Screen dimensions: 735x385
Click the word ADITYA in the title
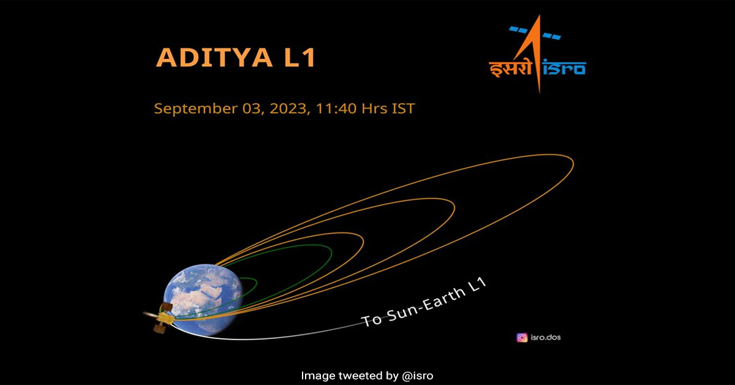(x=214, y=58)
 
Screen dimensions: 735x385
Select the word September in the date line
(x=196, y=109)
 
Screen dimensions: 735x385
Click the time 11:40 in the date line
(x=336, y=109)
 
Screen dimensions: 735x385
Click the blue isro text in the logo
(x=563, y=67)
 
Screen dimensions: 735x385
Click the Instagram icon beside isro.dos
(x=522, y=338)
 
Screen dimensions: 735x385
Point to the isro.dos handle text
(x=546, y=337)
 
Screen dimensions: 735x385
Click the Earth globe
(x=203, y=300)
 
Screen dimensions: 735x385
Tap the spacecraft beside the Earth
(x=163, y=318)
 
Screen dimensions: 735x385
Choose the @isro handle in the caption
(x=417, y=375)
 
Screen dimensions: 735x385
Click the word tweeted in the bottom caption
(x=368, y=375)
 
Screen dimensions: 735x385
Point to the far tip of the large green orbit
(x=331, y=253)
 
